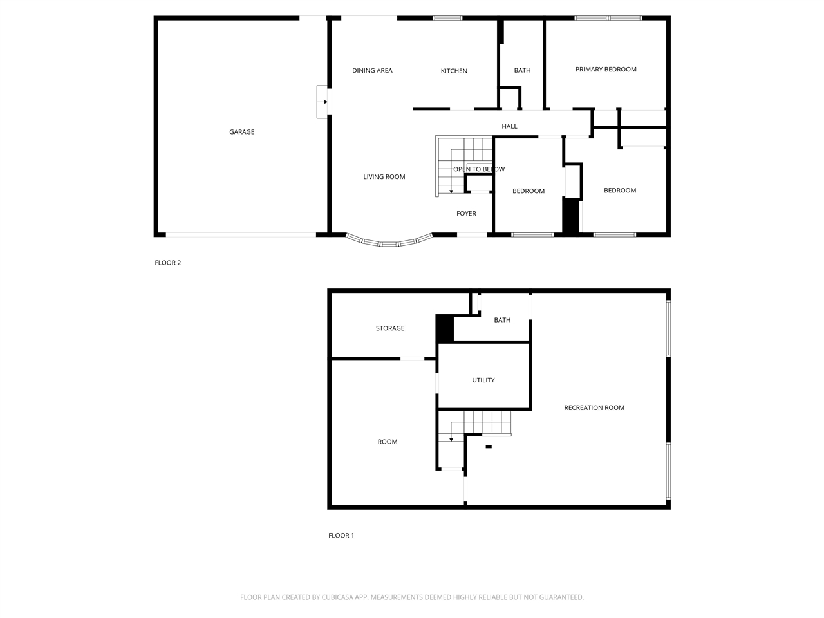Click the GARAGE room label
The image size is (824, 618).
tap(241, 132)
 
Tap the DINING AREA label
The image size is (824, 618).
tap(372, 71)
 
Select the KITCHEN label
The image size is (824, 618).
tap(454, 71)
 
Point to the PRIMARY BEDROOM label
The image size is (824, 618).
tap(606, 70)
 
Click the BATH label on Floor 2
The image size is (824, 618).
tap(522, 71)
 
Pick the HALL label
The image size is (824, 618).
tap(509, 126)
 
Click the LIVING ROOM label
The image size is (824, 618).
tap(384, 177)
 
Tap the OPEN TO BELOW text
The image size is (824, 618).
tap(478, 169)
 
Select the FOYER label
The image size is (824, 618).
tap(466, 214)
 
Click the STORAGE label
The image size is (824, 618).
tap(390, 328)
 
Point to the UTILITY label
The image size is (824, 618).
tap(483, 380)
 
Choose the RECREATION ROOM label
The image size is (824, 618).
tap(594, 408)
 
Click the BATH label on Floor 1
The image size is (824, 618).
tap(502, 320)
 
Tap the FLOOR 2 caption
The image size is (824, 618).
tap(167, 263)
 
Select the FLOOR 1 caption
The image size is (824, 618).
tap(341, 536)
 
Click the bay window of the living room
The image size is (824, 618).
tap(388, 243)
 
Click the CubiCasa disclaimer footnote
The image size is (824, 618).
tap(412, 597)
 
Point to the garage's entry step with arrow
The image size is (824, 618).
tap(323, 102)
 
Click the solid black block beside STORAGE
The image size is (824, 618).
tap(445, 328)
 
